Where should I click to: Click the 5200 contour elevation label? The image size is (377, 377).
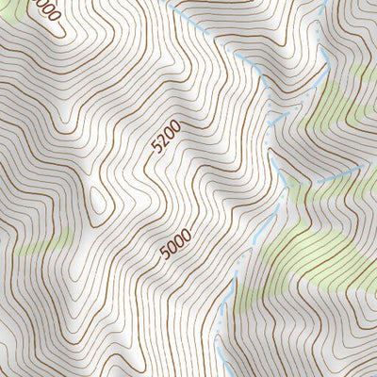[x=164, y=139]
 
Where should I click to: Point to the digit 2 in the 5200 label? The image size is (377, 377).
[x=160, y=142]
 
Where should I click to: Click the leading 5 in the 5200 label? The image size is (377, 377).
[x=156, y=149]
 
